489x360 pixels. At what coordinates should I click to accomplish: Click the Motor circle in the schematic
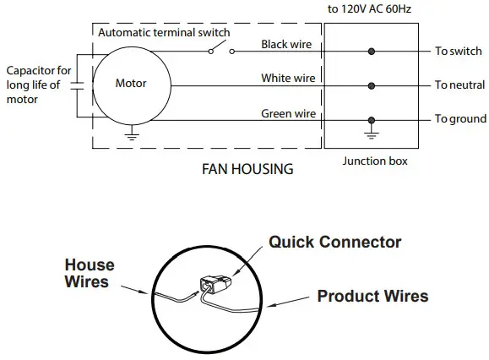coord(130,84)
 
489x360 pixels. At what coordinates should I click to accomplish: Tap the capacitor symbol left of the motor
coord(76,85)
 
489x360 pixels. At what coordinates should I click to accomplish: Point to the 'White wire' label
coord(288,78)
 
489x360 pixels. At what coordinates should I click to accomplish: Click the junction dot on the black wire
coord(371,51)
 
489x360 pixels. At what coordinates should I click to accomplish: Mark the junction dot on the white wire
coord(371,85)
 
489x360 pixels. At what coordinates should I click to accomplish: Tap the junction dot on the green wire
coord(371,119)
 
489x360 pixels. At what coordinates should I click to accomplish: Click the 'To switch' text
coord(458,52)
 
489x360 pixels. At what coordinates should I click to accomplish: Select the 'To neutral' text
coord(459,85)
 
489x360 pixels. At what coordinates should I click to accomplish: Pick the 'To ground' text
coord(459,119)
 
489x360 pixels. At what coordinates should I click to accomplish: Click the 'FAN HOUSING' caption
coord(247,169)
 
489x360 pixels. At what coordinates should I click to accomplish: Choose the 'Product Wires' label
coord(372,297)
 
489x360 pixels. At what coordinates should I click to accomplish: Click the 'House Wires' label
coord(89,273)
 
